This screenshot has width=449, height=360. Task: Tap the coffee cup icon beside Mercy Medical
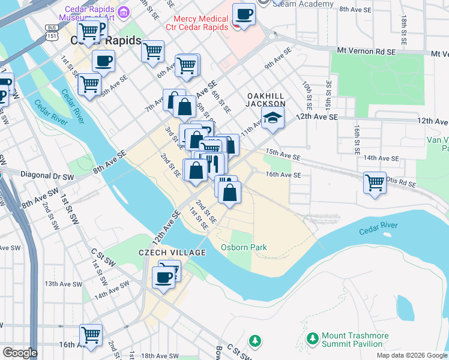pos(244,14)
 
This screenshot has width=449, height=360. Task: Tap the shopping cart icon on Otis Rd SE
pos(375,182)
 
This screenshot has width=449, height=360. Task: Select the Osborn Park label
pos(243,247)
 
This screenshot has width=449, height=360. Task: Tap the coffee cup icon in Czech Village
pos(164,277)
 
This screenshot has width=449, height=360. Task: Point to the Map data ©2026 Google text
pos(412,355)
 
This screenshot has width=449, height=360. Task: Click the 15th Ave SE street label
pos(283,155)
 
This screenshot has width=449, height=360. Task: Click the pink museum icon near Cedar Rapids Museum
pos(124,12)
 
